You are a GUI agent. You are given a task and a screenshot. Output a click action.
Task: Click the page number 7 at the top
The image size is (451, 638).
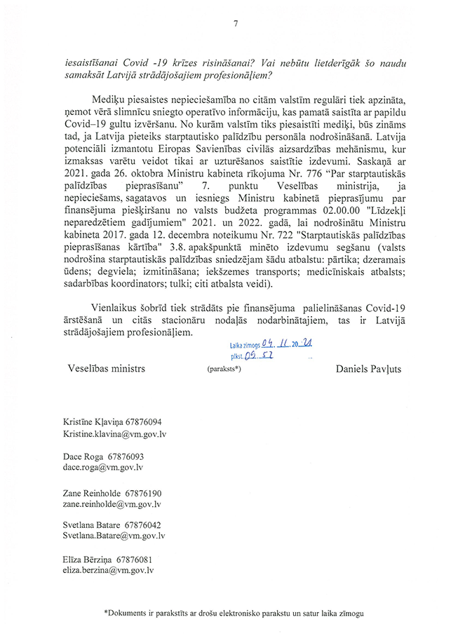235,24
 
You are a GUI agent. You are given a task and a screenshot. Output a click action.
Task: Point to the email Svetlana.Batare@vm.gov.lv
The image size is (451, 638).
114,536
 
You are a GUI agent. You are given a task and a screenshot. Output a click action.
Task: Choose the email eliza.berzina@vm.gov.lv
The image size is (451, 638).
108,571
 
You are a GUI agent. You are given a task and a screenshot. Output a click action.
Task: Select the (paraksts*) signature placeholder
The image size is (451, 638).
224,369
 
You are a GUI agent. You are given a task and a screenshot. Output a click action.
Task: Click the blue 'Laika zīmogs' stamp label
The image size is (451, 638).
245,345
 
